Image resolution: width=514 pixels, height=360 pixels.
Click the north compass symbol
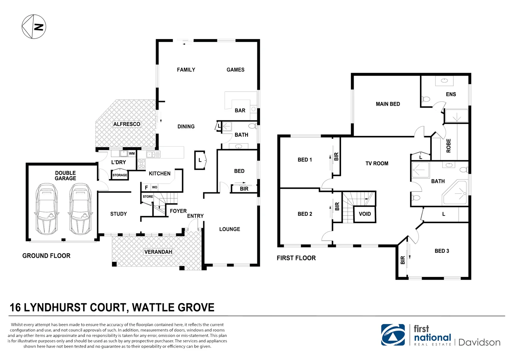pos(34,27)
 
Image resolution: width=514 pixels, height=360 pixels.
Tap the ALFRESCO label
pos(127,124)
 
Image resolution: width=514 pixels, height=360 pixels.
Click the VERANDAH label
pos(158,252)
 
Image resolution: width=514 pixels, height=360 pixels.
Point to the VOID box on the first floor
pos(365,214)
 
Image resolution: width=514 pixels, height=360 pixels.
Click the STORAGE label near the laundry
pos(120,175)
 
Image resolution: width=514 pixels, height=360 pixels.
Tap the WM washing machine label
pos(132,154)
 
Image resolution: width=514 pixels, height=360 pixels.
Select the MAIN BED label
pos(388,104)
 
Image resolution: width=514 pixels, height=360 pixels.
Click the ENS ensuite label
pos(451,94)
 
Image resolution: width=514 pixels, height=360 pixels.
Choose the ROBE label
pos(449,146)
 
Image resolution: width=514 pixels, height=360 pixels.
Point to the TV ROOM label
pos(377,163)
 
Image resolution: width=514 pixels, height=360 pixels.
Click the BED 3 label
pos(442,251)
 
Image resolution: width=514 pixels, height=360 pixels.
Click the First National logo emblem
pos(393,335)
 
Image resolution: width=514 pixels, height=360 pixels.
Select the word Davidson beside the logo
pos(479,342)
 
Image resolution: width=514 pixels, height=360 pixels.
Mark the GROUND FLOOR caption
pos(46,256)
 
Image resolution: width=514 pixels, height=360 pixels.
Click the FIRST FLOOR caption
pos(296,258)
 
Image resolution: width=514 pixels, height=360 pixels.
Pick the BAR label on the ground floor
pos(240,110)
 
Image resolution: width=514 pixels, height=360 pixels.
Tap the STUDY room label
pos(119,214)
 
